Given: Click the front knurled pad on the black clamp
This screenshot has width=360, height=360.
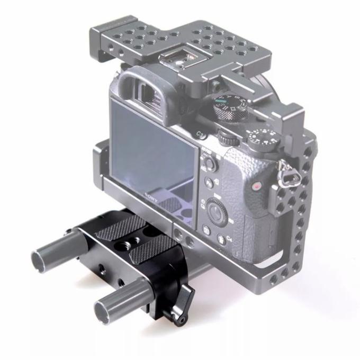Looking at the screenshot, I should tap(154, 247).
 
